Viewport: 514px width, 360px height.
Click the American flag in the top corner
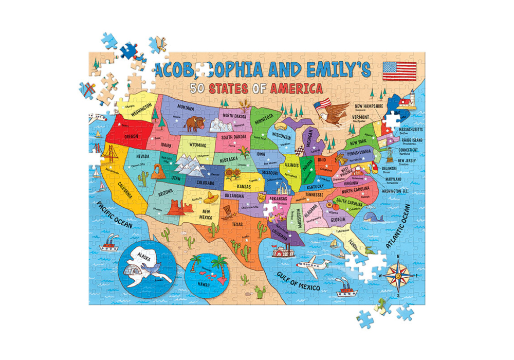click(x=400, y=69)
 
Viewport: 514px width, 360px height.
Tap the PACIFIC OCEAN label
click(x=115, y=215)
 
